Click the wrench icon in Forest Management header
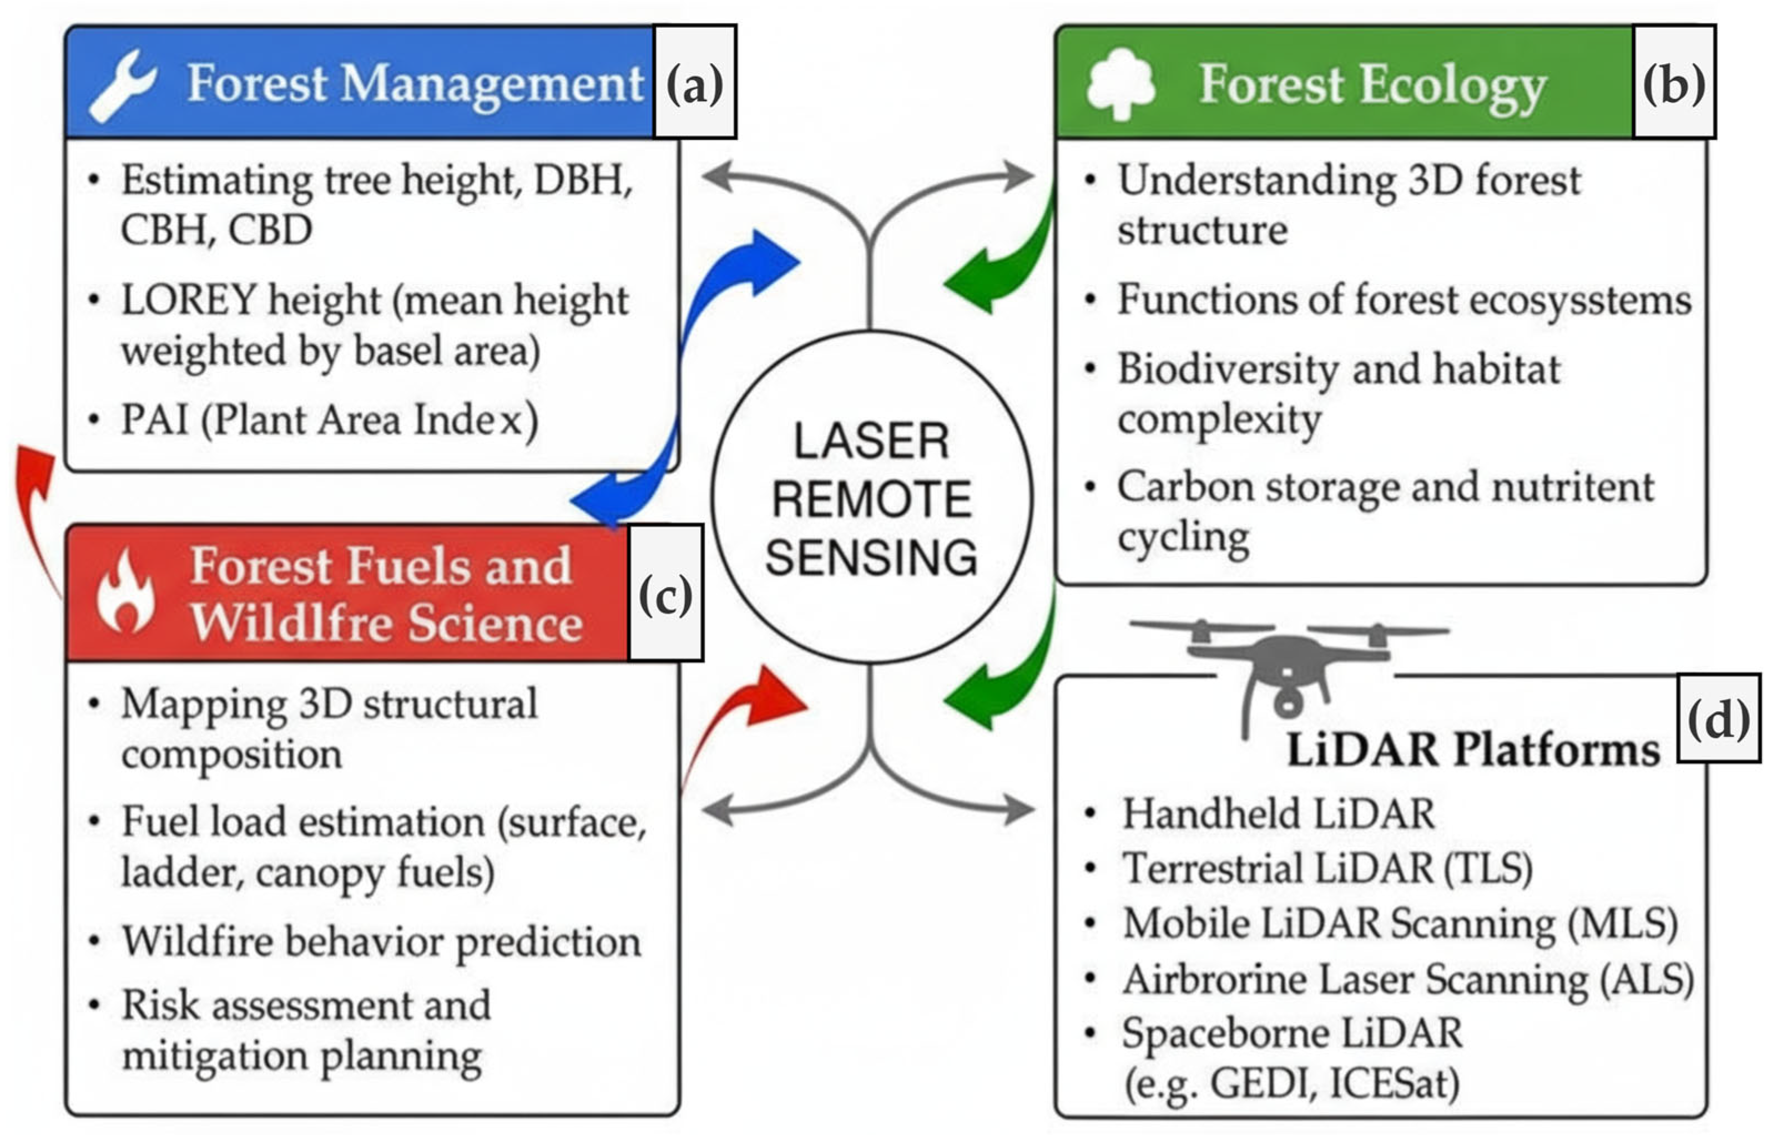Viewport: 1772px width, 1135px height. [x=122, y=85]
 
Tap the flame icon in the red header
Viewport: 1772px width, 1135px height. [x=126, y=594]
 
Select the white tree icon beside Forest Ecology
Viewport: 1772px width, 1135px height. [x=1120, y=83]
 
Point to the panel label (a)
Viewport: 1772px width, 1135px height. [x=694, y=83]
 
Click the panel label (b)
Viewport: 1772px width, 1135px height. [x=1673, y=83]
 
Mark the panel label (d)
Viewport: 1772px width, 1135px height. [x=1718, y=718]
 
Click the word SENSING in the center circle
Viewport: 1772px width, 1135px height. [x=871, y=557]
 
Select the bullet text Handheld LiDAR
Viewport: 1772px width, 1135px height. [x=1278, y=814]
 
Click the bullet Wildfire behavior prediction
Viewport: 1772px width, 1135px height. [x=381, y=942]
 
